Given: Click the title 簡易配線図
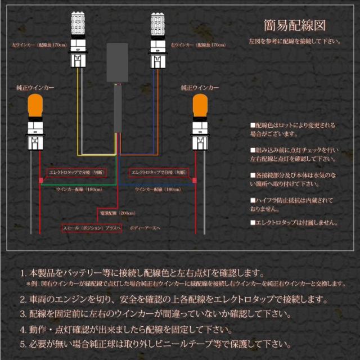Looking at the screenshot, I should pyautogui.click(x=294, y=25).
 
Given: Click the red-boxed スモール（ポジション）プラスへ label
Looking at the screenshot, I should pyautogui.click(x=91, y=229).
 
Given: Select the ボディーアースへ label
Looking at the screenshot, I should pyautogui.click(x=144, y=229).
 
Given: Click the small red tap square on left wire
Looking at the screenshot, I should pyautogui.click(x=40, y=181).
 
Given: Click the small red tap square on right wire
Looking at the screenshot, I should pyautogui.click(x=195, y=181).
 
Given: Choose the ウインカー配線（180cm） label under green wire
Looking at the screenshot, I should pyautogui.click(x=78, y=190).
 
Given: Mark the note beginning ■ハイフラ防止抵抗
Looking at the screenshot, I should pyautogui.click(x=292, y=204).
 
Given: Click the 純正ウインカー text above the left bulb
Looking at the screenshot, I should pyautogui.click(x=35, y=88).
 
